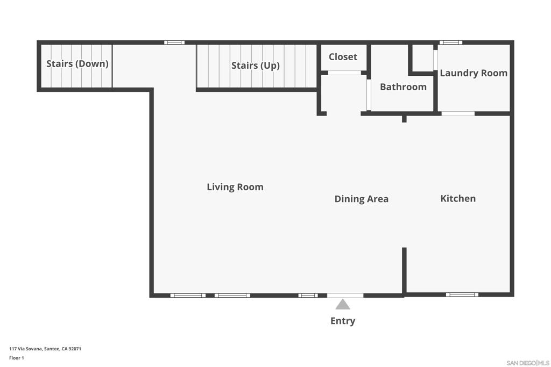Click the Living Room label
tap(235, 186)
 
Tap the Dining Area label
tap(361, 199)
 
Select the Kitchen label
tap(458, 198)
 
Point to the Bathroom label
tap(403, 87)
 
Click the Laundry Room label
tap(474, 73)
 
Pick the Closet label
tap(343, 56)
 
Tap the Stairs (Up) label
tap(256, 66)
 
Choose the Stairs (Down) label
tap(77, 64)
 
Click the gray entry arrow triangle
tap(343, 304)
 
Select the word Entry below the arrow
tap(343, 321)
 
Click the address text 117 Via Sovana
tap(25, 349)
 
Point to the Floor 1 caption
tap(17, 358)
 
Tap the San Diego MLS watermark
tap(528, 363)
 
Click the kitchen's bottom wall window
tap(462, 294)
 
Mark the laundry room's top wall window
tap(451, 42)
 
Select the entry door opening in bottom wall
tap(345, 296)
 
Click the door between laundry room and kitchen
tap(458, 114)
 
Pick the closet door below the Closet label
tap(344, 73)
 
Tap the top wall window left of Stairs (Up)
tap(174, 42)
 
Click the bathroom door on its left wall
tap(369, 95)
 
